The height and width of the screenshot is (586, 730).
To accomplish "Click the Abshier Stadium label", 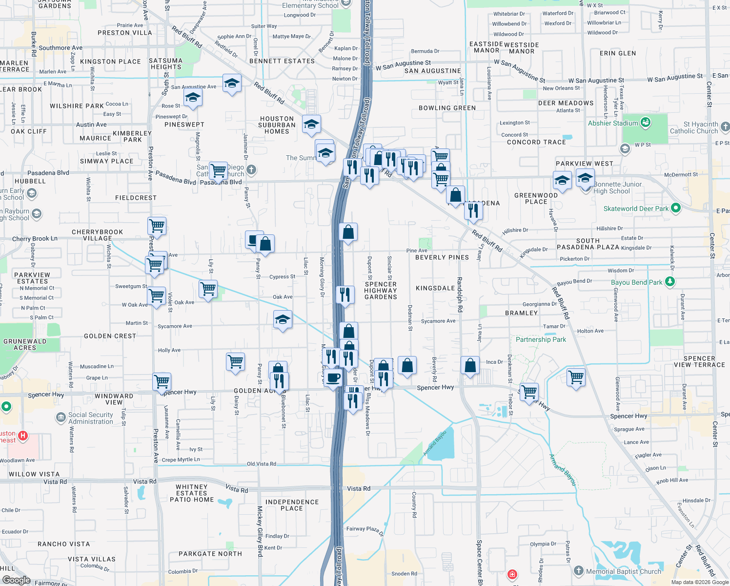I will pyautogui.click(x=613, y=123).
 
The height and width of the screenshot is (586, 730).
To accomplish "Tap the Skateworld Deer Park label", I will pyautogui.click(x=636, y=209).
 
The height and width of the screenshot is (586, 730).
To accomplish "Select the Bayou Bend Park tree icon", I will pyautogui.click(x=670, y=281).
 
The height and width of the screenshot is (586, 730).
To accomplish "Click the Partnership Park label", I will pyautogui.click(x=541, y=339).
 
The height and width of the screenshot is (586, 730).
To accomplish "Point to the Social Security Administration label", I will pyautogui.click(x=91, y=418).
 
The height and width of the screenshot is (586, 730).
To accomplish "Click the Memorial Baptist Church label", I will pyautogui.click(x=624, y=571).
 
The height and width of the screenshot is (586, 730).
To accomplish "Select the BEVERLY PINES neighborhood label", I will pyautogui.click(x=442, y=257).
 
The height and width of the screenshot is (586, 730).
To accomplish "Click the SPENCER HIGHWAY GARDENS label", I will pyautogui.click(x=381, y=291).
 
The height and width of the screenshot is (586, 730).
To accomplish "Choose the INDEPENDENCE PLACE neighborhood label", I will pyautogui.click(x=292, y=505).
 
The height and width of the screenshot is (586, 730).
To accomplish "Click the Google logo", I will pyautogui.click(x=16, y=580).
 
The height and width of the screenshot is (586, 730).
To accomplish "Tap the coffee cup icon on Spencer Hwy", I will pyautogui.click(x=333, y=378).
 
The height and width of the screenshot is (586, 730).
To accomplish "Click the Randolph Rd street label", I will pyautogui.click(x=459, y=294).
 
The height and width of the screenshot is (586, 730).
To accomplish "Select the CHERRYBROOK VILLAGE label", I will pyautogui.click(x=97, y=235).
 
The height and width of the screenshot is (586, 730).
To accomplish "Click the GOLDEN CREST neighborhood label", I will pyautogui.click(x=110, y=336).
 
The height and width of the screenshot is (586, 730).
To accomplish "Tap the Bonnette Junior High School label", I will pyautogui.click(x=617, y=188).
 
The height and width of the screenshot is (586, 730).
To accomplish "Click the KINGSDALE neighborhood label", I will pyautogui.click(x=435, y=288).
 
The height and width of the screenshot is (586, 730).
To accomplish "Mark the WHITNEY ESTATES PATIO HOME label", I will pyautogui.click(x=192, y=493).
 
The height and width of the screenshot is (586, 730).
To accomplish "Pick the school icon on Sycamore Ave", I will pyautogui.click(x=283, y=320).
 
